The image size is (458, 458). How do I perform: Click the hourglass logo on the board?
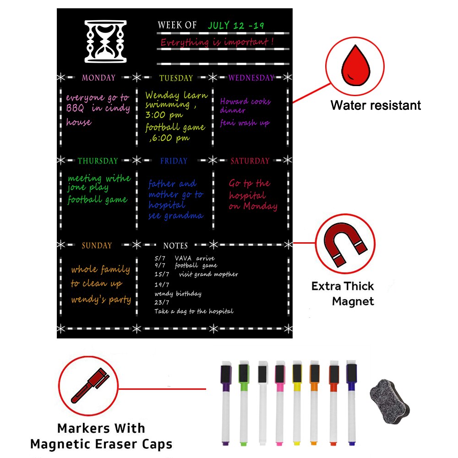pos(105,41)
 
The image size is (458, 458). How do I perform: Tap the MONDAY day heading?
pos(99,78)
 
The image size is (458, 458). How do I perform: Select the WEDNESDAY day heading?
pos(251,78)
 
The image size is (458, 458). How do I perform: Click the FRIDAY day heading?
pos(174,161)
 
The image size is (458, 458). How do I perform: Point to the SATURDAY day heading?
pos(250,161)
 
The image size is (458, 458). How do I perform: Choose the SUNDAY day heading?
pos(97,245)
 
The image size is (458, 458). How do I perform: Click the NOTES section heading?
pos(175,245)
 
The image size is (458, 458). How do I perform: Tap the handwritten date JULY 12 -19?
pos(236,25)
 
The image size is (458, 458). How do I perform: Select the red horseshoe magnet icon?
pos(345,244)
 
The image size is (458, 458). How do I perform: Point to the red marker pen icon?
pos(90,386)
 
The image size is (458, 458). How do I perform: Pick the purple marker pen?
pos(226,404)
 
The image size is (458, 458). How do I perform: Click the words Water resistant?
pos(376,105)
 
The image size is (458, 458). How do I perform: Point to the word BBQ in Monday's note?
pos(75,109)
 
